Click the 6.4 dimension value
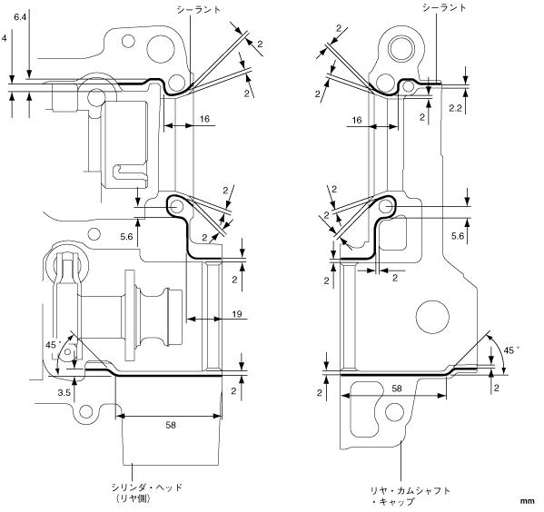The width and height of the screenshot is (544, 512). point(20,17)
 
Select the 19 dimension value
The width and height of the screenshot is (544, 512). point(237,314)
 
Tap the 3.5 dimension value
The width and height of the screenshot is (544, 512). point(64,392)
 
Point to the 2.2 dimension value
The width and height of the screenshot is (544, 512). point(455,109)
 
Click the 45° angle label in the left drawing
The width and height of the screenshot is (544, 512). point(53,345)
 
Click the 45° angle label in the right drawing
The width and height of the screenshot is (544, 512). point(511,350)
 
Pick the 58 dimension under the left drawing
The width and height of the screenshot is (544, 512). point(171,425)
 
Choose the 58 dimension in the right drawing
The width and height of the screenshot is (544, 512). point(397,389)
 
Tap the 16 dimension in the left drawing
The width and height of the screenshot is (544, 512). point(204,119)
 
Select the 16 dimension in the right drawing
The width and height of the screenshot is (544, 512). point(357,120)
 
